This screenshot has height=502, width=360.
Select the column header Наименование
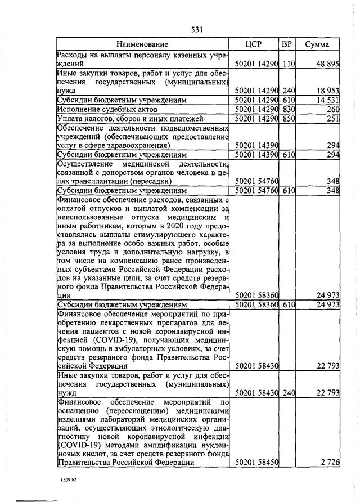(142, 44)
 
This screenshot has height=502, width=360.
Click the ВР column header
(287, 44)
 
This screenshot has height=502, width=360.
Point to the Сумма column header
(318, 44)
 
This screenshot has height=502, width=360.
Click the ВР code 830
(289, 109)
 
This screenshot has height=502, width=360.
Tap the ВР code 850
(289, 119)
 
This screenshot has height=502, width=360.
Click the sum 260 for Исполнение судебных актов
(332, 109)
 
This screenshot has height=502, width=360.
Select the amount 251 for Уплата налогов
(332, 119)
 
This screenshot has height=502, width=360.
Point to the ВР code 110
(289, 65)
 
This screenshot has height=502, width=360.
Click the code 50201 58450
(256, 462)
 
